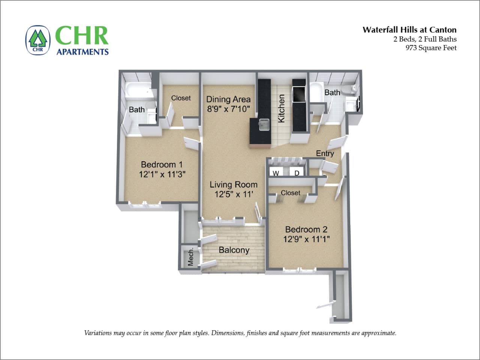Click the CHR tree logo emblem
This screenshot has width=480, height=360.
38,40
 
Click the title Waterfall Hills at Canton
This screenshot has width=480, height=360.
409,30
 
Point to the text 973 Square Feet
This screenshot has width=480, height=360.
431,48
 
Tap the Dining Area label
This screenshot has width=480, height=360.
228,99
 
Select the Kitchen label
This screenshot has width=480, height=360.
281,108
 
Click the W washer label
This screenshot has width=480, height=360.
276,173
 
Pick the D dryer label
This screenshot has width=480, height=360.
297,173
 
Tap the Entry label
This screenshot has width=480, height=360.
325,153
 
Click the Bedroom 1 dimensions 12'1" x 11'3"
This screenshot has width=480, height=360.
162,174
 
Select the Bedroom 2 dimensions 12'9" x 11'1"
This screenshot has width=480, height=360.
306,239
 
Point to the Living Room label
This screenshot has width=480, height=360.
233,184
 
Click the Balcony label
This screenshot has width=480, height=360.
234,250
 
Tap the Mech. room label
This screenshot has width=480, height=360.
191,256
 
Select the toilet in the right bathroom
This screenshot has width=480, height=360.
352,88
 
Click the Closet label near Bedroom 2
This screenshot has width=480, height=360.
290,193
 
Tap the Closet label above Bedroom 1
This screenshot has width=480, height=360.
181,98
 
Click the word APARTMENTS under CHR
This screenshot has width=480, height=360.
82,52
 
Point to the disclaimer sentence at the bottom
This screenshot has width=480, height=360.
240,333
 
